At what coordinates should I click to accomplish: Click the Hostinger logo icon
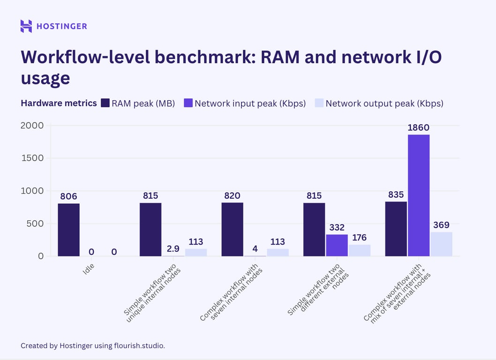pos(26,26)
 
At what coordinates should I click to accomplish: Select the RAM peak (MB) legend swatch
pos(105,103)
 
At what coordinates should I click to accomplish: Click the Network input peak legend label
pos(250,103)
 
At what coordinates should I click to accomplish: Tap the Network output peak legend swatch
pos(318,103)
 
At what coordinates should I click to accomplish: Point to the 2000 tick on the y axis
pos(32,126)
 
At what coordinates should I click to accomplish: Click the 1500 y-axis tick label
pos(32,158)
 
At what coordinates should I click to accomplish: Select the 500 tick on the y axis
pos(35,224)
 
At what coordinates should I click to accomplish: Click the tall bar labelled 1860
pos(418,195)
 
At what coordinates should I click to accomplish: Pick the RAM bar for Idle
pos(68,230)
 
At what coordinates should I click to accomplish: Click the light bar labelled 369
pos(441,244)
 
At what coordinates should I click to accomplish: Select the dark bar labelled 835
pos(396,229)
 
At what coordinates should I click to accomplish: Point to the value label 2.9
pos(173,249)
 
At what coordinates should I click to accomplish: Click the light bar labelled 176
pos(359,250)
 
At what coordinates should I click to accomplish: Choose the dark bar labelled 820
pos(232,229)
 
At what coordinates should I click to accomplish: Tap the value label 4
pos(255,249)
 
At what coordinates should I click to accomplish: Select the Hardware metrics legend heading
pos(59,103)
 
